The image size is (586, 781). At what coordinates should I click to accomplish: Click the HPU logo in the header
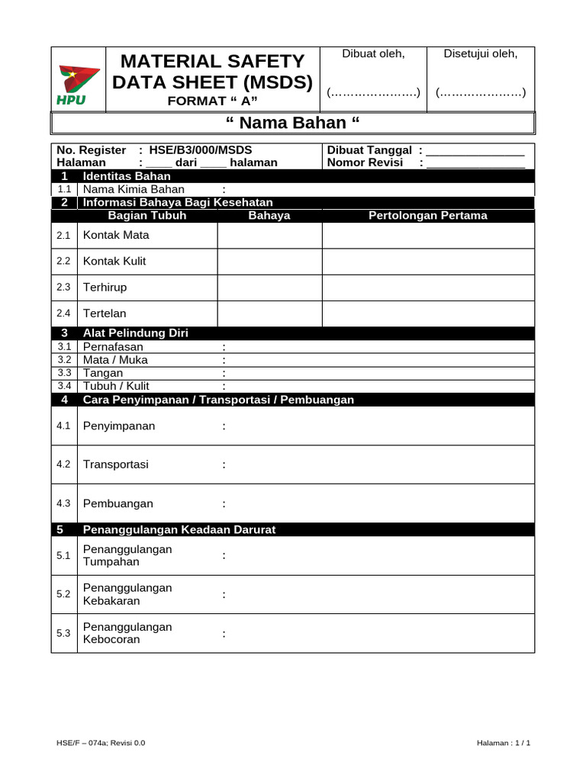[x=79, y=84]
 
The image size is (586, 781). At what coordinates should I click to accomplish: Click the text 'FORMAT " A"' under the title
[x=213, y=101]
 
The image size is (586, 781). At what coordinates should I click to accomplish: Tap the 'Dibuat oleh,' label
[x=373, y=53]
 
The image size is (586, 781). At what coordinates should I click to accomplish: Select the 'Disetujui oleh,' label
[x=481, y=53]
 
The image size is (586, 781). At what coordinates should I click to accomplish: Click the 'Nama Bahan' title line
[x=293, y=123]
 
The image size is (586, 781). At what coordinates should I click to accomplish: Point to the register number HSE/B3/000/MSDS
[x=201, y=150]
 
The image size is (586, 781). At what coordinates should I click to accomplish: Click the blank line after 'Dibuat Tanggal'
[x=475, y=150]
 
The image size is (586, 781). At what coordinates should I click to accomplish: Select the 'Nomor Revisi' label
[x=365, y=162]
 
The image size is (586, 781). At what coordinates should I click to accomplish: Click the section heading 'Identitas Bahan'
[x=127, y=176]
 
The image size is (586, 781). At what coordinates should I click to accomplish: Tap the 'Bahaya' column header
[x=269, y=216]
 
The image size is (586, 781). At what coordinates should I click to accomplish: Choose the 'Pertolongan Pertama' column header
[x=427, y=216]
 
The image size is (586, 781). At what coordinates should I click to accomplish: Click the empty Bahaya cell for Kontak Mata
[x=269, y=236]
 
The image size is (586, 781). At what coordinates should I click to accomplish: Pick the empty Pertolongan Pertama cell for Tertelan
[x=427, y=313]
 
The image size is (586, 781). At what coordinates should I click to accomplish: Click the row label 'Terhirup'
[x=105, y=288]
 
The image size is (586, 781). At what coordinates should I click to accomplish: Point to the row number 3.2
[x=64, y=360]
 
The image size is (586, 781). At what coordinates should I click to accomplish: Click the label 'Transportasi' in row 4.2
[x=115, y=464]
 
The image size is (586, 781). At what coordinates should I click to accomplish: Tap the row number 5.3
[x=64, y=633]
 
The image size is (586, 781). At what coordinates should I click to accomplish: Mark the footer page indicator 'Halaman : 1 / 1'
[x=503, y=742]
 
